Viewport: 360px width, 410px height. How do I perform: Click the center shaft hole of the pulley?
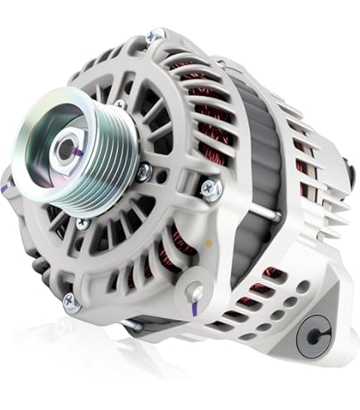[x=65, y=149]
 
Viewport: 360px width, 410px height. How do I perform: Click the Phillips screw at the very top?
[x=154, y=36]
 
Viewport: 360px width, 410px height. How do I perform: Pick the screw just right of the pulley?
[x=145, y=172]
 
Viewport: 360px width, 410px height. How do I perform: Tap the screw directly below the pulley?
[x=82, y=224]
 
